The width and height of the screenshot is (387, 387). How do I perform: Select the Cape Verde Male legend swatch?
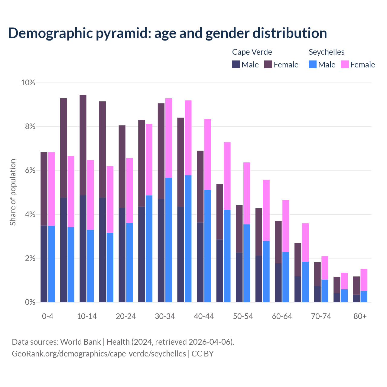click(x=236, y=64)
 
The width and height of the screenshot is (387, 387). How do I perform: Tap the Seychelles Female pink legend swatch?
click(x=345, y=64)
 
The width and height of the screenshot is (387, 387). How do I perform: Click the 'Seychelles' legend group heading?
click(x=326, y=52)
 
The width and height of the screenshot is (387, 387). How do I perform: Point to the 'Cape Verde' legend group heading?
click(x=252, y=52)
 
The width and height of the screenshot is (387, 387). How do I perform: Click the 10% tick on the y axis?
click(x=28, y=83)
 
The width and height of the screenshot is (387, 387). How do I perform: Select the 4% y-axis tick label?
click(x=30, y=215)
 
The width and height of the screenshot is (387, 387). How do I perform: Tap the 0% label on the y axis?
click(x=30, y=302)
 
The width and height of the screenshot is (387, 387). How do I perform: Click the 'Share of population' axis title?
click(x=13, y=192)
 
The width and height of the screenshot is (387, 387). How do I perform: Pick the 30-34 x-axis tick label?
click(x=165, y=316)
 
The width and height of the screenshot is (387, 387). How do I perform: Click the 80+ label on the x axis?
click(x=360, y=316)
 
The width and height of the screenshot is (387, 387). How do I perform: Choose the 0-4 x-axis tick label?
click(x=47, y=316)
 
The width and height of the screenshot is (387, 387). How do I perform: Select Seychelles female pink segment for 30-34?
click(x=169, y=138)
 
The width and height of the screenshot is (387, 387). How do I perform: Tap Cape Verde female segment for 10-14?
click(x=83, y=145)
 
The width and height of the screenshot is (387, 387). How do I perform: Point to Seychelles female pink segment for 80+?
click(x=364, y=280)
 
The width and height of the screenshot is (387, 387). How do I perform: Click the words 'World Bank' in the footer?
click(x=80, y=342)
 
